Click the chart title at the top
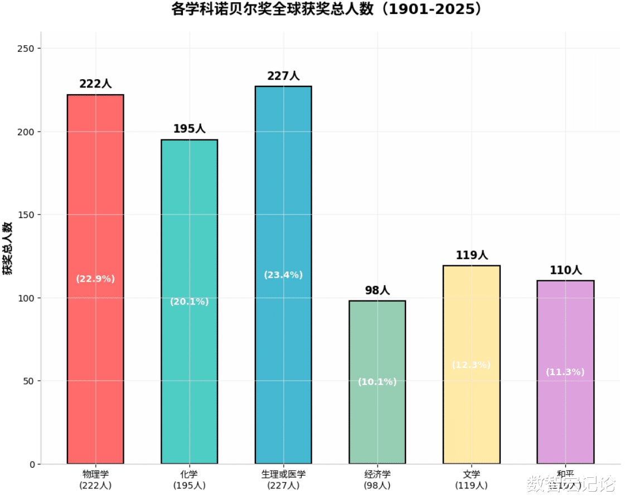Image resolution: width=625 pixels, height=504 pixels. point(327,9)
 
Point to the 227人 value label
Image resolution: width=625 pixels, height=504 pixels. point(283,76)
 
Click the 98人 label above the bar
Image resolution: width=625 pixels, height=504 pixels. point(377,290)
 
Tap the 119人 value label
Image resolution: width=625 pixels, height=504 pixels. point(471,255)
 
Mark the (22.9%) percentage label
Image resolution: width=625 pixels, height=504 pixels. point(95,279)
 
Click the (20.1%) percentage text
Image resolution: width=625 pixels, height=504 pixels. point(189,302)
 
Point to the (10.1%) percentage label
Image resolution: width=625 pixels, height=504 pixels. point(377,382)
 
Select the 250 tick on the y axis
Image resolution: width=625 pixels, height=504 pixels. point(28,49)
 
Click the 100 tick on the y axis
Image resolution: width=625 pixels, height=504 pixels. point(28,298)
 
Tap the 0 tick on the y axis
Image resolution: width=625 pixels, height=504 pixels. point(32,464)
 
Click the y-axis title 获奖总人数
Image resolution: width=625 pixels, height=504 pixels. point(8,248)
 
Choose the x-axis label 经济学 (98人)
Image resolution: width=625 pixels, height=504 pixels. point(377,479)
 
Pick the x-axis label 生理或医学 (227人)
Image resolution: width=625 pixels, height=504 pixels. point(283,479)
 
